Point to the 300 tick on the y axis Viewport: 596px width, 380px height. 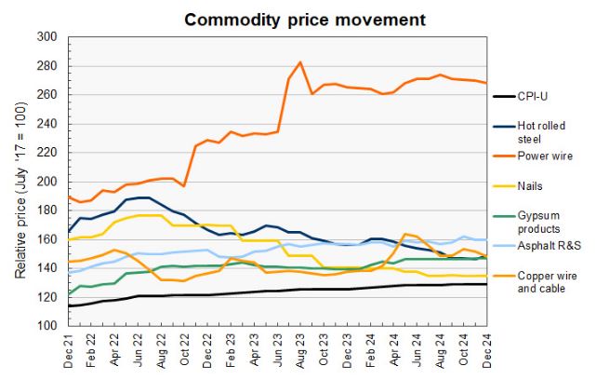pyautogui.click(x=48, y=36)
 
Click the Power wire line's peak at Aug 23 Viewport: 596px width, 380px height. pyautogui.click(x=300, y=62)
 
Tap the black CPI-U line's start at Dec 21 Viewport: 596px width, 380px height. pyautogui.click(x=68, y=305)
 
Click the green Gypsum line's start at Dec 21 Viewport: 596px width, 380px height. pyautogui.click(x=68, y=294)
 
